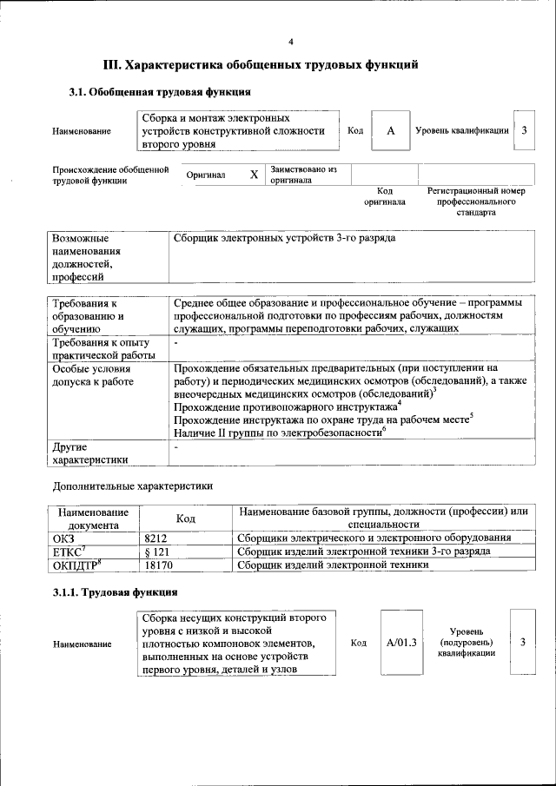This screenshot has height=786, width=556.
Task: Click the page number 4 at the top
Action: [292, 42]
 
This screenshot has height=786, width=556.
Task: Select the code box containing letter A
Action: [391, 130]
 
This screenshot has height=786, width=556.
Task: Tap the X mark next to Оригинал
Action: [254, 175]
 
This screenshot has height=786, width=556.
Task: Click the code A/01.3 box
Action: [401, 643]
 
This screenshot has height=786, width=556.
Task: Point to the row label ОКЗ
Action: [64, 538]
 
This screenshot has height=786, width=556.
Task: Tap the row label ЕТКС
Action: [69, 552]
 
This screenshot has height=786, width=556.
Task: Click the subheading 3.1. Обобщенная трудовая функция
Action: [160, 91]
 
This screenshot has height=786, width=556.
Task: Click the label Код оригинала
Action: [384, 195]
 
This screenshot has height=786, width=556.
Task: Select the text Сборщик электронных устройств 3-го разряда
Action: [285, 237]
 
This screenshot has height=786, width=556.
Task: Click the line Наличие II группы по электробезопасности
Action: [279, 432]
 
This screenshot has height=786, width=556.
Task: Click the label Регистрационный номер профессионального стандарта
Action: [476, 201]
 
